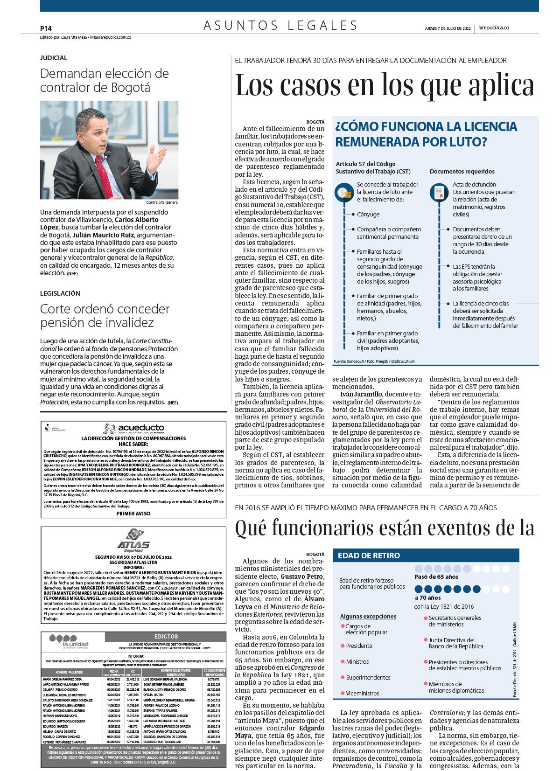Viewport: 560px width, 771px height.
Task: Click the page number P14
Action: tap(46, 28)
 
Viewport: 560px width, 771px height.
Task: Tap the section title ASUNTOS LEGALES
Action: tap(280, 25)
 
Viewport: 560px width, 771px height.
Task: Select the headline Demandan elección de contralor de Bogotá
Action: tap(105, 80)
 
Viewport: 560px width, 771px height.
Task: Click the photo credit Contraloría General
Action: tap(162, 202)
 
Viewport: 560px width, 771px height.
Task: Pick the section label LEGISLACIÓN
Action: tap(60, 293)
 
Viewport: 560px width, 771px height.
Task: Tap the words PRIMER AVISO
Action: tap(133, 513)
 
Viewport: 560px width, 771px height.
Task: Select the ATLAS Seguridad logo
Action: tap(133, 542)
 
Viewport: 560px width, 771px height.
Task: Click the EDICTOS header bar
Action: tap(166, 636)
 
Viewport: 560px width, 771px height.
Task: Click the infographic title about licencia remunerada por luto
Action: tap(426, 133)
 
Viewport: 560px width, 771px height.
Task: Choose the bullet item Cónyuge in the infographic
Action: tap(368, 215)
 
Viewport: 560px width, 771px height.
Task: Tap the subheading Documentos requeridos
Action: tap(462, 171)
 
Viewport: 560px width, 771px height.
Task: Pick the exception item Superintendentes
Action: tap(368, 677)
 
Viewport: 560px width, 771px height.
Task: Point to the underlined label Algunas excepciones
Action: tap(368, 616)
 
